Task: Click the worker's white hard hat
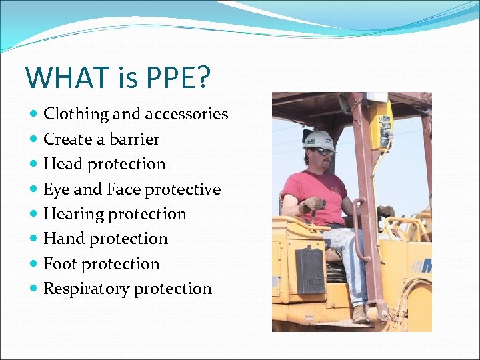[x=319, y=139]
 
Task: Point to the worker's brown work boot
[x=361, y=314]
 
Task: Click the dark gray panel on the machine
[x=309, y=269]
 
